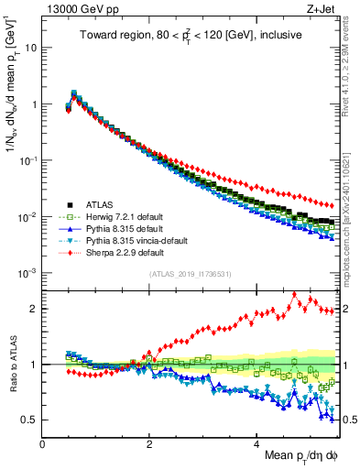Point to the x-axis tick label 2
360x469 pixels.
pyautogui.click(x=149, y=444)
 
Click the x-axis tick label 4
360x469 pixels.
pyautogui.click(x=256, y=444)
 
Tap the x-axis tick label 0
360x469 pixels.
pyautogui.click(x=43, y=444)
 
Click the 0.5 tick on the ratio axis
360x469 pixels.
pyautogui.click(x=28, y=420)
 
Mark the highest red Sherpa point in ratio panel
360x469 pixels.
pyautogui.click(x=294, y=294)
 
